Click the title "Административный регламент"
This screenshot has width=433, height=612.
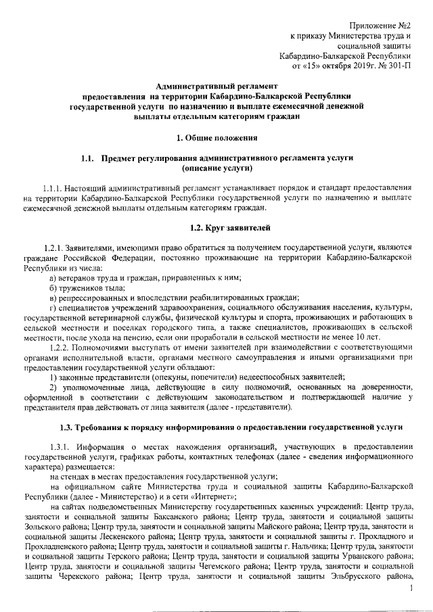coord(216,87)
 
